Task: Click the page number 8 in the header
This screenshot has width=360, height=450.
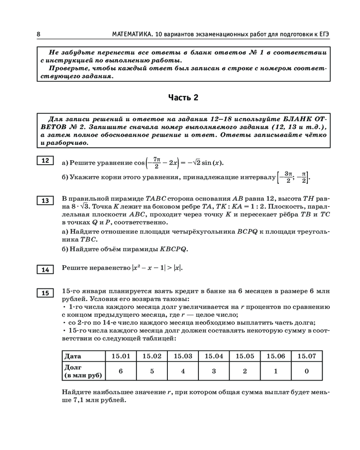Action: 39,35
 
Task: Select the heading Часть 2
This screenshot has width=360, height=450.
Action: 183,98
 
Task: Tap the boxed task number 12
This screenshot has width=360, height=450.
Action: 45,161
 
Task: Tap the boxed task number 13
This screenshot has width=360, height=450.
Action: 45,201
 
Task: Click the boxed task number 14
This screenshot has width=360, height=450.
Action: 45,270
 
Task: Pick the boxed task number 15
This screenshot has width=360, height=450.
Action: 45,293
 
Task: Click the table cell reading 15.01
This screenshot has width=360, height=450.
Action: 121,356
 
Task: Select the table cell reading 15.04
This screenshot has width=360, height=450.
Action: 214,356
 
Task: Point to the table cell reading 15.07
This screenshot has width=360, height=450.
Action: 306,356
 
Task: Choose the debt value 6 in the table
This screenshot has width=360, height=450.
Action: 121,371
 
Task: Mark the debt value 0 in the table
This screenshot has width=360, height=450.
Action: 306,371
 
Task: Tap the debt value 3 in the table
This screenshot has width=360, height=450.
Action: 214,371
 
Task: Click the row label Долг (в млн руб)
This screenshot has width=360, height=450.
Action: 83,371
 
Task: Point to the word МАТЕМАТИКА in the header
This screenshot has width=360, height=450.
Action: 131,35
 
